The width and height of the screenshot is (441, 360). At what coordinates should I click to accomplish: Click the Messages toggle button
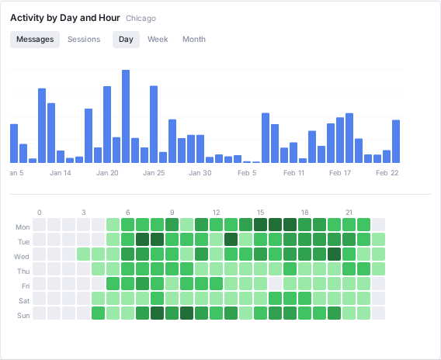35,40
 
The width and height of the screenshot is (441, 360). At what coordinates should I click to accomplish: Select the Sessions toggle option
84,40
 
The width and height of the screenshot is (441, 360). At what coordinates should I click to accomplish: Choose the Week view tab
158,40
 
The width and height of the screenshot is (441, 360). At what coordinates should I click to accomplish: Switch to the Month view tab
194,40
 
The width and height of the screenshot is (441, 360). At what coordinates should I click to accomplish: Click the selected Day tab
126,40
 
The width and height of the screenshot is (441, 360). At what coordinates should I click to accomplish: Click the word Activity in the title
26,18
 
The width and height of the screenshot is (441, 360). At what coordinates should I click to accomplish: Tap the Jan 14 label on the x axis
61,173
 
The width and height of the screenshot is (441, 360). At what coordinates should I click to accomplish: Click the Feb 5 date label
247,173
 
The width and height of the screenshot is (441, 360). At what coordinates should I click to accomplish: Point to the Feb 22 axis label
387,173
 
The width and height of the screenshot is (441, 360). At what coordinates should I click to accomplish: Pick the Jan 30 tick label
200,173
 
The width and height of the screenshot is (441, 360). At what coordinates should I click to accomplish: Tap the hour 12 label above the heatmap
217,212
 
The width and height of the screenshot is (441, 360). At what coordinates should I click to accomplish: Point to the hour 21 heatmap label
349,212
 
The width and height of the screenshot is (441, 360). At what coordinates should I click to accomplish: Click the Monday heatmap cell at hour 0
39,225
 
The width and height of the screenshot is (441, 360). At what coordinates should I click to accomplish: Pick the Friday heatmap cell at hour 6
127,284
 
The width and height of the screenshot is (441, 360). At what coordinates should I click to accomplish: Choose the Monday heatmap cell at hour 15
260,225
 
